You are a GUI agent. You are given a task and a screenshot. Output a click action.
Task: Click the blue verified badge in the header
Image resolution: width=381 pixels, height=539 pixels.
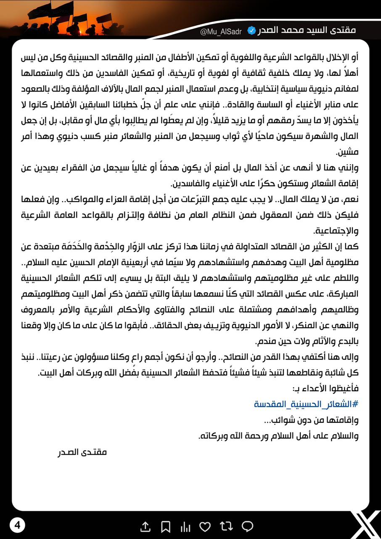pos(251,31)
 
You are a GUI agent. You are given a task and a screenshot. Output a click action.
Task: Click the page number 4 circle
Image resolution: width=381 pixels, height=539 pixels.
pos(17,525)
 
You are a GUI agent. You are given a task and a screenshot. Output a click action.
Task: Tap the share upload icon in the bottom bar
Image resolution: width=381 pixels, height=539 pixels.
pos(145,526)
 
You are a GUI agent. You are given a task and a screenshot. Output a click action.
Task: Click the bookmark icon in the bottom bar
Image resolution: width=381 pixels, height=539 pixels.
pos(166,526)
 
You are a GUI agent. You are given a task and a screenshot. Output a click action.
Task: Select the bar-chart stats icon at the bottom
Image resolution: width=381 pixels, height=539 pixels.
pos(185,526)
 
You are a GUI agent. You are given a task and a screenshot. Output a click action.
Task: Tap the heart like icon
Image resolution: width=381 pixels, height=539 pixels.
pos(205,526)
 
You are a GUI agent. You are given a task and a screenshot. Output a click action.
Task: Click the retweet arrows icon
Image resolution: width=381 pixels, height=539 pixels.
pos(226,526)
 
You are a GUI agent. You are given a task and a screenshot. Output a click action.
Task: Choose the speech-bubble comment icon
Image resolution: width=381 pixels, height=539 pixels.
pos(248,526)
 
